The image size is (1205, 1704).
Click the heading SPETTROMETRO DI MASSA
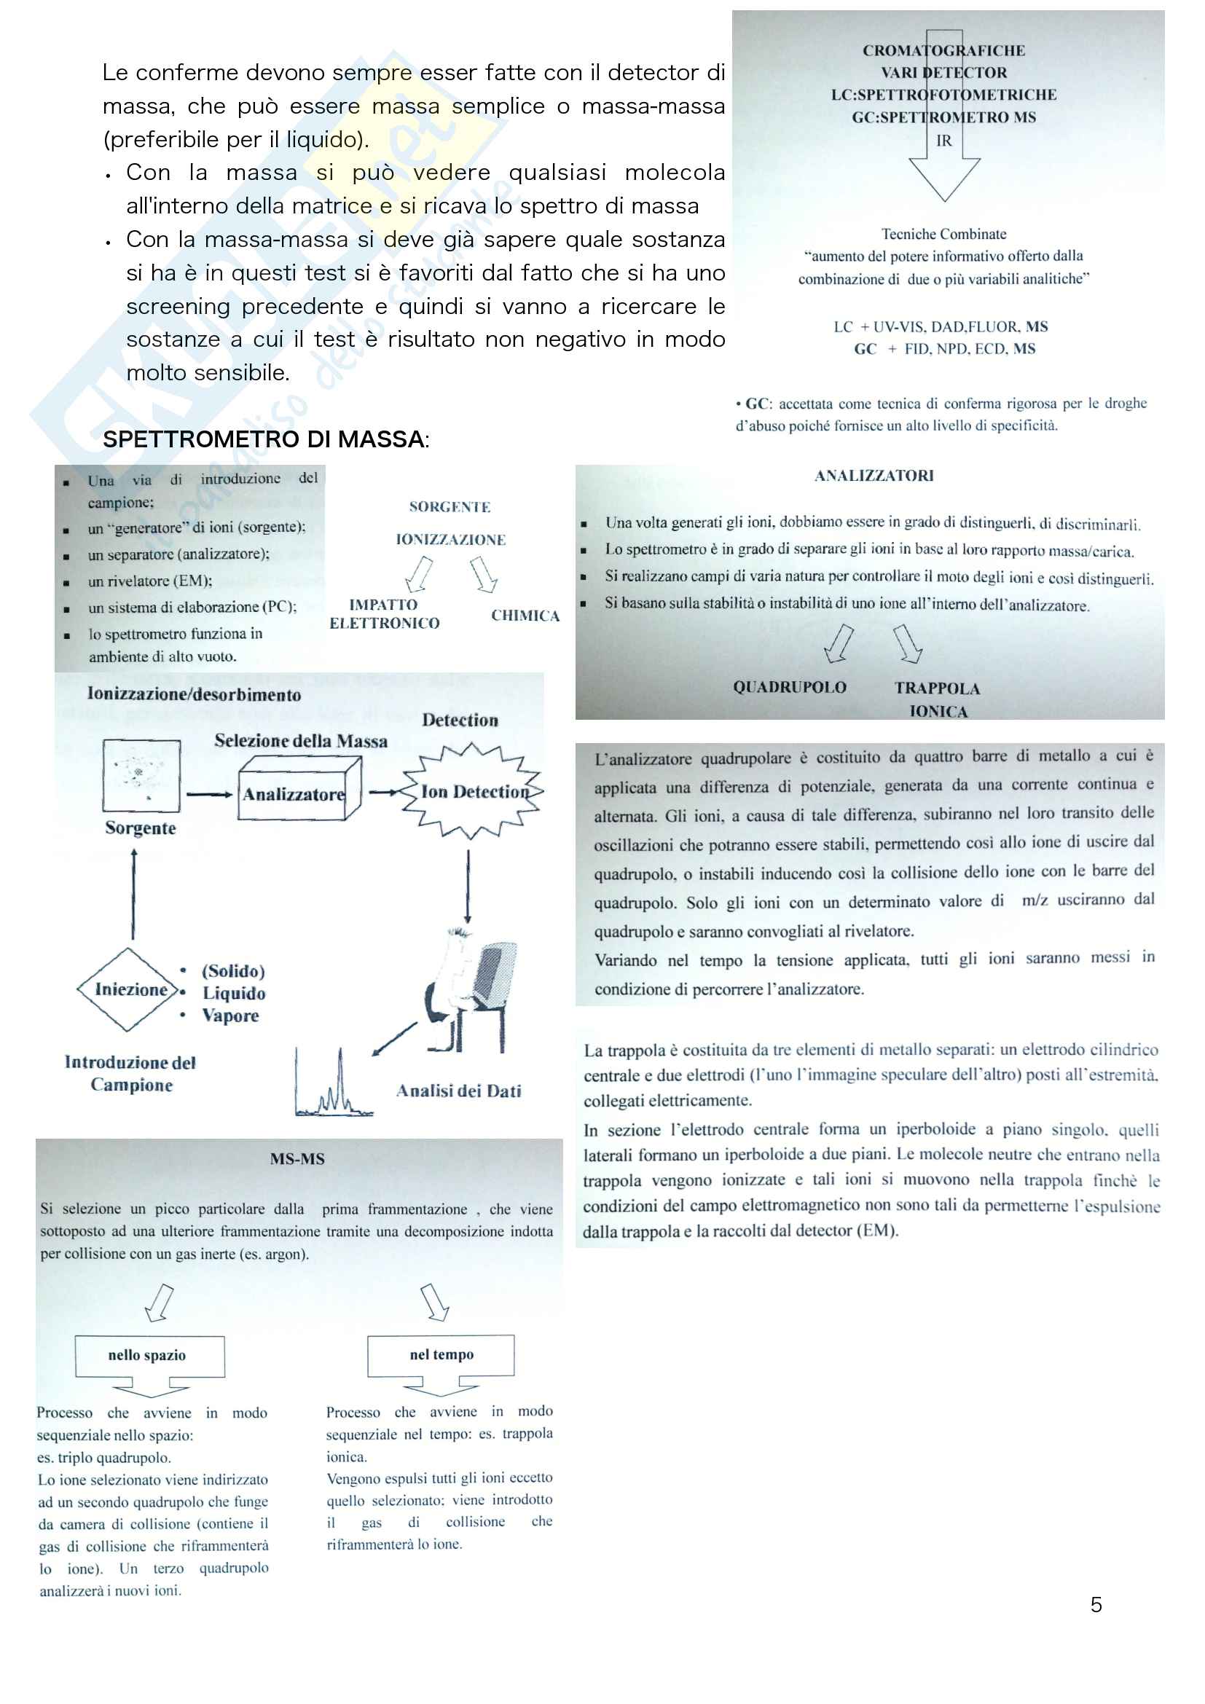[x=265, y=439]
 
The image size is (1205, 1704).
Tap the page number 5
[x=1096, y=1604]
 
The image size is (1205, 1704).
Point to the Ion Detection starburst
[x=473, y=791]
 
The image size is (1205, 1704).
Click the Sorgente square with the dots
[x=142, y=776]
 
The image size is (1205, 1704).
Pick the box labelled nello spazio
[x=149, y=1355]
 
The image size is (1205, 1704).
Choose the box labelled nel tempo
[x=441, y=1354]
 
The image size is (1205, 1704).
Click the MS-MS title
[x=297, y=1158]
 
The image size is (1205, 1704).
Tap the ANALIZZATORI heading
[x=874, y=476]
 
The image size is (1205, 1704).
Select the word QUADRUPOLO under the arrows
[x=790, y=687]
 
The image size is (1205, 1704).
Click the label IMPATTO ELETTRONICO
[x=385, y=613]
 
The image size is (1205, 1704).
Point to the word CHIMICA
[x=525, y=616]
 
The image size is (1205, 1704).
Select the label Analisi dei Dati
[x=458, y=1091]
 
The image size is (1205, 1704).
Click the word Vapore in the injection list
[x=231, y=1016]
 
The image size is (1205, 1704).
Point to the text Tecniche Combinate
[x=943, y=234]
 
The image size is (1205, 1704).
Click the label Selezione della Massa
[x=300, y=741]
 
